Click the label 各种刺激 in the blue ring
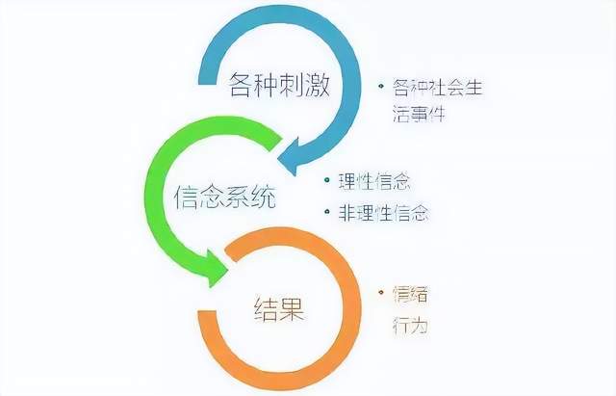pos(279,85)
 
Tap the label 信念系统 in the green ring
pos(224,197)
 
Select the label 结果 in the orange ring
pos(279,309)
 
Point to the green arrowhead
pos(216,268)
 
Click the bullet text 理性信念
pos(374,181)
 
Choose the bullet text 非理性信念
pos(383,212)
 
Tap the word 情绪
pos(410,294)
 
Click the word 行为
pos(410,326)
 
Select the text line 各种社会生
pos(437,88)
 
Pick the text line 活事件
pos(419,114)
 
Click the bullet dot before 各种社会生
pos(381,86)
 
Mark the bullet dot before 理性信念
pos(327,180)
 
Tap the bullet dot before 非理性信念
pos(327,212)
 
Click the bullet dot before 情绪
pos(381,292)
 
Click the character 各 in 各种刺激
pos(241,85)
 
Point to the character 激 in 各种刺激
pos(318,85)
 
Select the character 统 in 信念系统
pos(264,197)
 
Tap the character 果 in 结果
pos(293,309)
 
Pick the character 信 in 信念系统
pos(187,197)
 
